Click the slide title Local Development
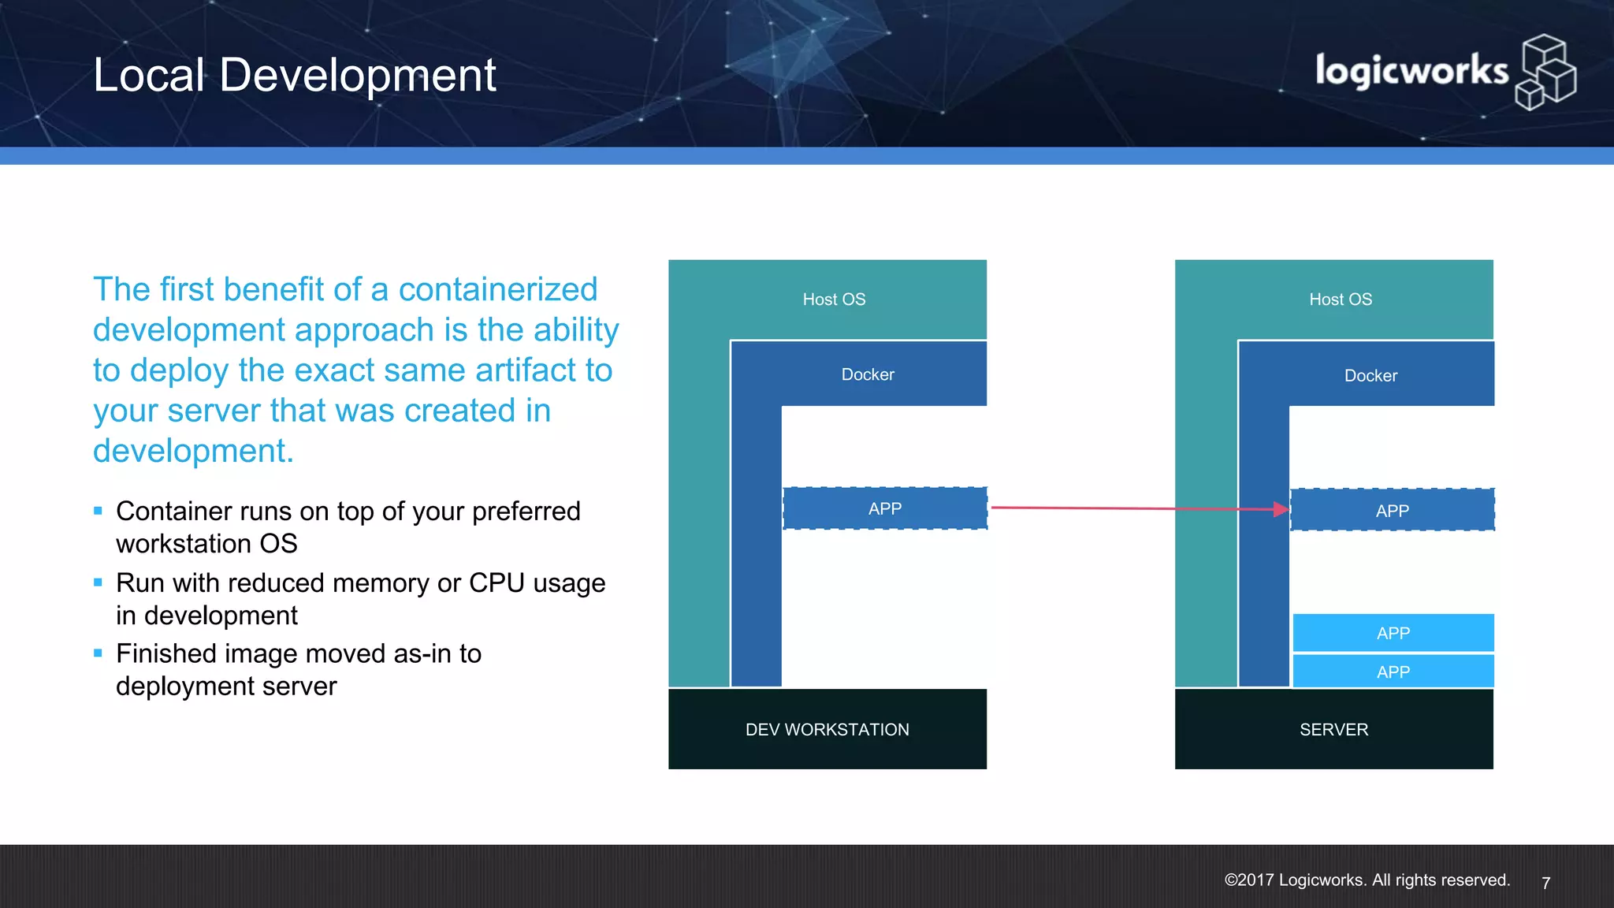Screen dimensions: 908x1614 click(x=294, y=75)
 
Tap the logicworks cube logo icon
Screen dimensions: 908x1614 click(x=1545, y=73)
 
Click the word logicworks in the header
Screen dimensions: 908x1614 click(x=1411, y=71)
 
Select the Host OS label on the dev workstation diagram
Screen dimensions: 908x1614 click(x=834, y=300)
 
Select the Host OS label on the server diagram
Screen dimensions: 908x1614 click(x=1340, y=300)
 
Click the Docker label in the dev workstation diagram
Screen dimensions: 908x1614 click(x=868, y=374)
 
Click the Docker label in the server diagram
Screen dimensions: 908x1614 click(x=1370, y=376)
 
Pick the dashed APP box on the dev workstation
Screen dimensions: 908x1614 click(x=885, y=508)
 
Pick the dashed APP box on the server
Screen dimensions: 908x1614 click(x=1392, y=511)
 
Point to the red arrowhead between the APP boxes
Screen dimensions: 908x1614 click(x=1281, y=509)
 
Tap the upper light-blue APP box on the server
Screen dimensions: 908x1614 click(x=1393, y=633)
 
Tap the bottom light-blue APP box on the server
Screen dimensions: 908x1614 click(x=1393, y=672)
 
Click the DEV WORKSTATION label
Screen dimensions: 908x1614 click(x=827, y=729)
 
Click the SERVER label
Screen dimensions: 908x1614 click(x=1333, y=729)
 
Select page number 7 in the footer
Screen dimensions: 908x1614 click(x=1545, y=883)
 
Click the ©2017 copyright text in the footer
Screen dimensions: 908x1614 click(x=1367, y=880)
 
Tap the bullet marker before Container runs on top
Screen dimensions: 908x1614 click(x=98, y=511)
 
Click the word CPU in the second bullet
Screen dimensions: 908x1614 click(x=496, y=582)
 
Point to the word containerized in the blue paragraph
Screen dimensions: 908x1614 click(x=497, y=289)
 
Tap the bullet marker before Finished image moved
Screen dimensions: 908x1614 click(x=98, y=653)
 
